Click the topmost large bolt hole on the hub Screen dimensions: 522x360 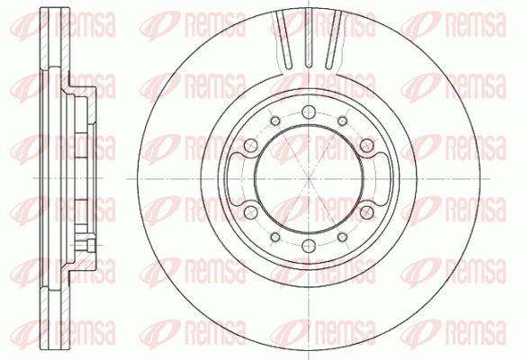[x=309, y=112]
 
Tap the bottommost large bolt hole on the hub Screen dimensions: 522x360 [x=309, y=246]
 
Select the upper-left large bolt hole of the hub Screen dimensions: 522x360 [x=251, y=146]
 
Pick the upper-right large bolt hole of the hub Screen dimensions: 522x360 [x=367, y=146]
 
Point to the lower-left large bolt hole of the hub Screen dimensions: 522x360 [x=251, y=212]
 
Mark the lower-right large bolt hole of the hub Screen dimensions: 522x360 [x=367, y=212]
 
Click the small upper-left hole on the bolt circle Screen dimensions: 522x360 [x=275, y=121]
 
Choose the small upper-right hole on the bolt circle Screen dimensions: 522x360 [x=342, y=121]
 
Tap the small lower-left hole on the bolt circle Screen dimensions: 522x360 [x=275, y=237]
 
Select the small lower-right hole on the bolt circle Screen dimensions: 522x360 [x=342, y=237]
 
